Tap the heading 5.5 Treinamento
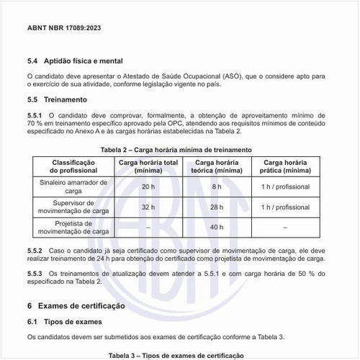(x=56, y=100)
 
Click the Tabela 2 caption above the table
(x=176, y=149)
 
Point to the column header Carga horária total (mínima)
(x=148, y=166)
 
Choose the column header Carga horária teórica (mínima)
(x=217, y=166)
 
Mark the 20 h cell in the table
(x=148, y=186)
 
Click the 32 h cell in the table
(x=148, y=207)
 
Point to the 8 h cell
(x=217, y=186)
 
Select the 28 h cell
(x=217, y=207)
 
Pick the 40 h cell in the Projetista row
(x=217, y=227)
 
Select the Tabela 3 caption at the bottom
(x=176, y=356)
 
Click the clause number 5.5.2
(x=35, y=249)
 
